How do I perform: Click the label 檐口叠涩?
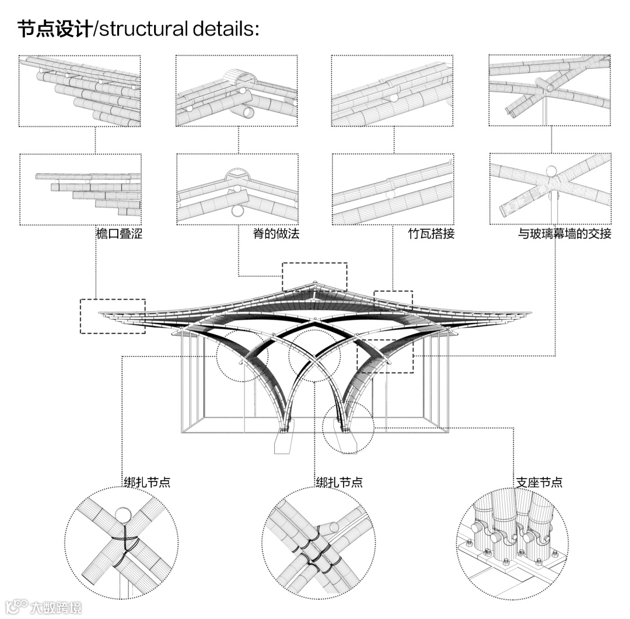pos(119,234)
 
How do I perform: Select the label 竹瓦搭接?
pos(431,234)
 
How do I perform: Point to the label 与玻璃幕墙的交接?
pos(565,234)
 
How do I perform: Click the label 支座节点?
pos(539,483)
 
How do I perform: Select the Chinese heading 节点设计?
pos(54,29)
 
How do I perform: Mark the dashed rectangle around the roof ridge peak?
pos(314,277)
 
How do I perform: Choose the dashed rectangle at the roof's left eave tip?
pos(112,316)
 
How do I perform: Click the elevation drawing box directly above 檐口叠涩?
pos(80,189)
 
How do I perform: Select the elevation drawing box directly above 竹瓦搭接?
pos(393,189)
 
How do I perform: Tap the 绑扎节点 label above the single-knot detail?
pos(146,483)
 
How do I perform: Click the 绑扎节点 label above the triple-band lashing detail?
pos(339,483)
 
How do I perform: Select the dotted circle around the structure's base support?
pos(348,427)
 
